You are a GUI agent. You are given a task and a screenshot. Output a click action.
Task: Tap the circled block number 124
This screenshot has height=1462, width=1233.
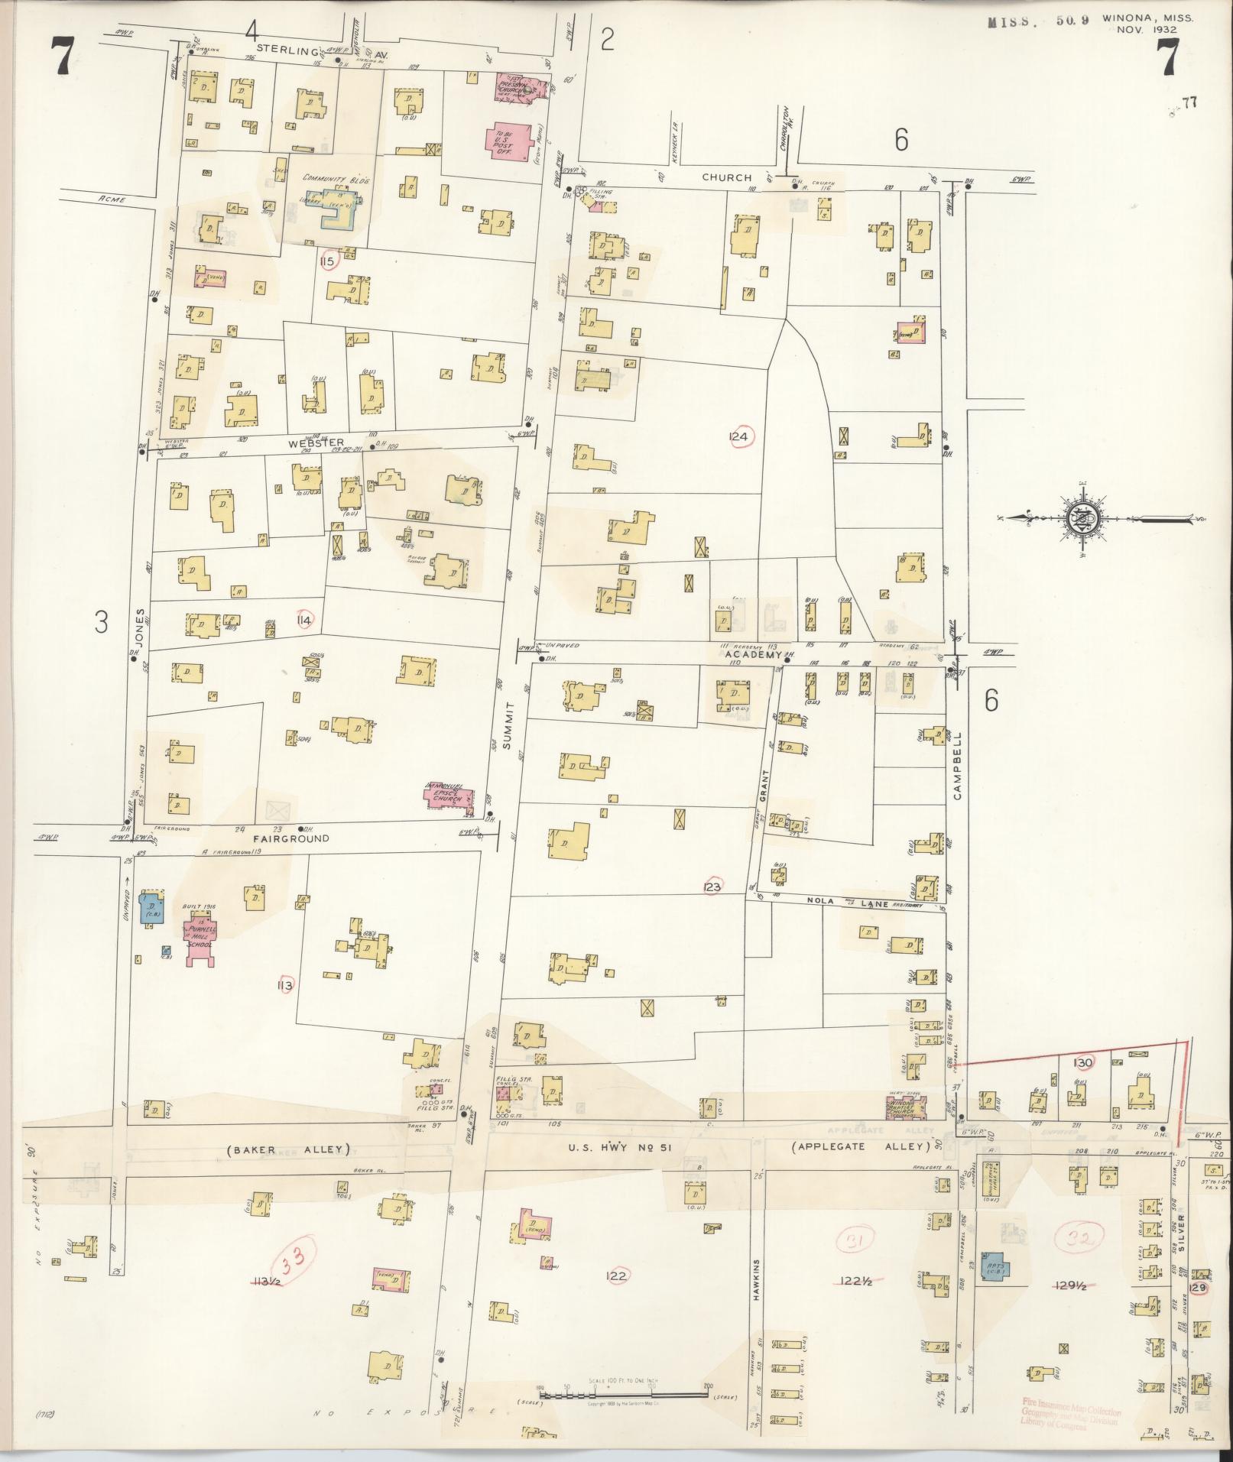point(740,436)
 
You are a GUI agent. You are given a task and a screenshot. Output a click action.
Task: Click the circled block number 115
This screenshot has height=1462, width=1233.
point(329,261)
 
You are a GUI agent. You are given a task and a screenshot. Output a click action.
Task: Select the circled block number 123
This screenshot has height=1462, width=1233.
point(712,887)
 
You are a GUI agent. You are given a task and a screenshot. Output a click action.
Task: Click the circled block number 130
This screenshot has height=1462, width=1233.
point(1083,1062)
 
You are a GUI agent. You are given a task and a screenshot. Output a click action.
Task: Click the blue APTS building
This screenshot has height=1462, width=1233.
point(996,1267)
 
